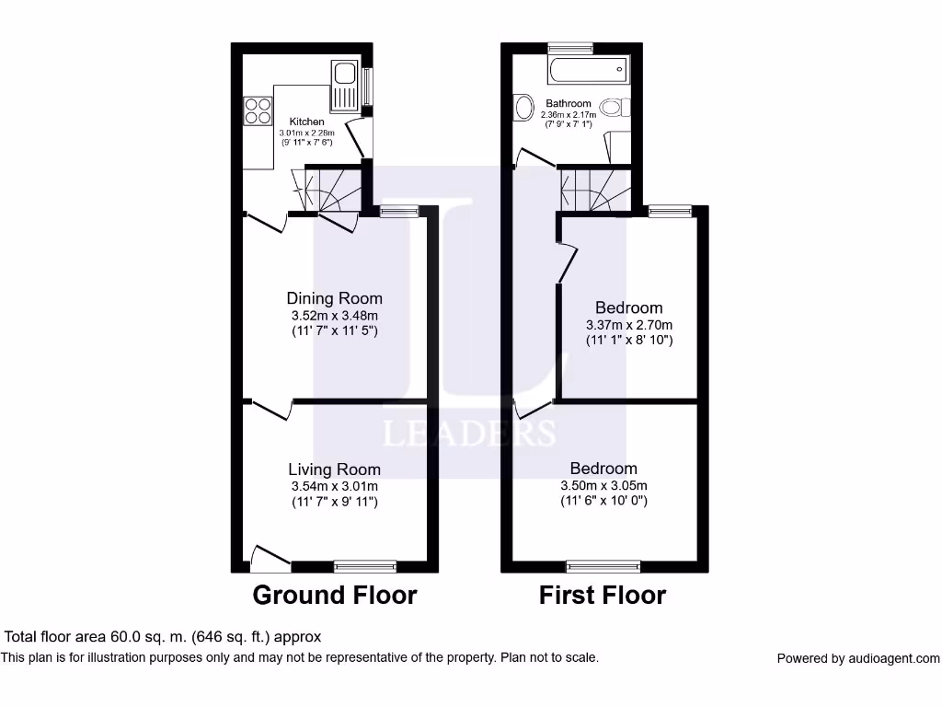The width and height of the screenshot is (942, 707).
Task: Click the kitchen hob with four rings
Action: pos(258,110)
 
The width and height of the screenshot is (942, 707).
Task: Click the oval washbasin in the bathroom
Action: pos(525,108)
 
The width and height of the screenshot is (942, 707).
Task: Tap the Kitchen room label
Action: pos(307,122)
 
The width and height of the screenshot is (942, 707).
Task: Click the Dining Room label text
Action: pos(334,298)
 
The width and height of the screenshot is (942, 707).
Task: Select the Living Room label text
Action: pos(334,469)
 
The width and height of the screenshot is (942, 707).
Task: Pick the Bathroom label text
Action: pos(569,104)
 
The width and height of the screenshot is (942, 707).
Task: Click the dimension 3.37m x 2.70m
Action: pos(629,325)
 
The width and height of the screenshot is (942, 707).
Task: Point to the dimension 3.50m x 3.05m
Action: pos(603,486)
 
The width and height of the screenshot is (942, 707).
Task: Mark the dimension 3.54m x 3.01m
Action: pos(334,486)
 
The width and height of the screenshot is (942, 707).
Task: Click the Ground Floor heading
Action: pos(334,596)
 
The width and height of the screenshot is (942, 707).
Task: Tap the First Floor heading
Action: pos(603,596)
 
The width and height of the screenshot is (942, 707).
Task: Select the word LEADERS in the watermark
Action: pos(468,433)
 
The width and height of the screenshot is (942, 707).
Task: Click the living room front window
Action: pos(365,566)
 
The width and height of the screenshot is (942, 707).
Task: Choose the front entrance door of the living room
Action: pos(270,555)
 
